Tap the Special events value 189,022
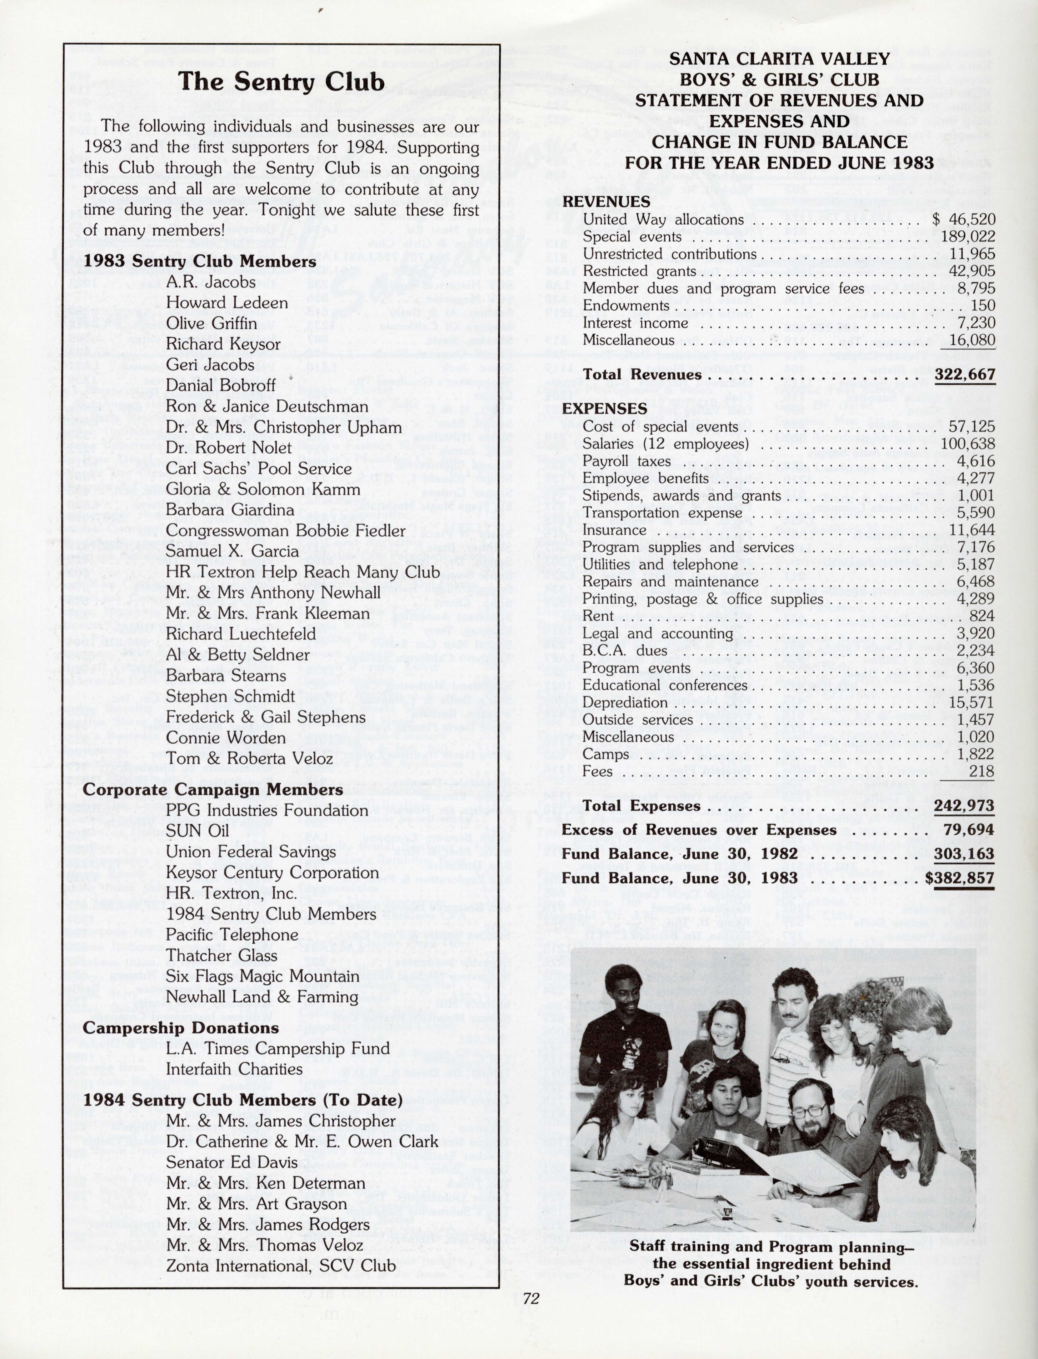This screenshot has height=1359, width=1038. click(x=968, y=237)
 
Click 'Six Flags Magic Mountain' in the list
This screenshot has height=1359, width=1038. click(x=262, y=976)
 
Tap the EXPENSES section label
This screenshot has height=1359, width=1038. click(x=604, y=408)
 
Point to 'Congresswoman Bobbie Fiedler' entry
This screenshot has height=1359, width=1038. click(x=286, y=531)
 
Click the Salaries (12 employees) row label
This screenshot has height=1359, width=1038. click(x=666, y=443)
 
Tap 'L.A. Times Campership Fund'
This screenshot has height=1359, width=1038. click(x=277, y=1048)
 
